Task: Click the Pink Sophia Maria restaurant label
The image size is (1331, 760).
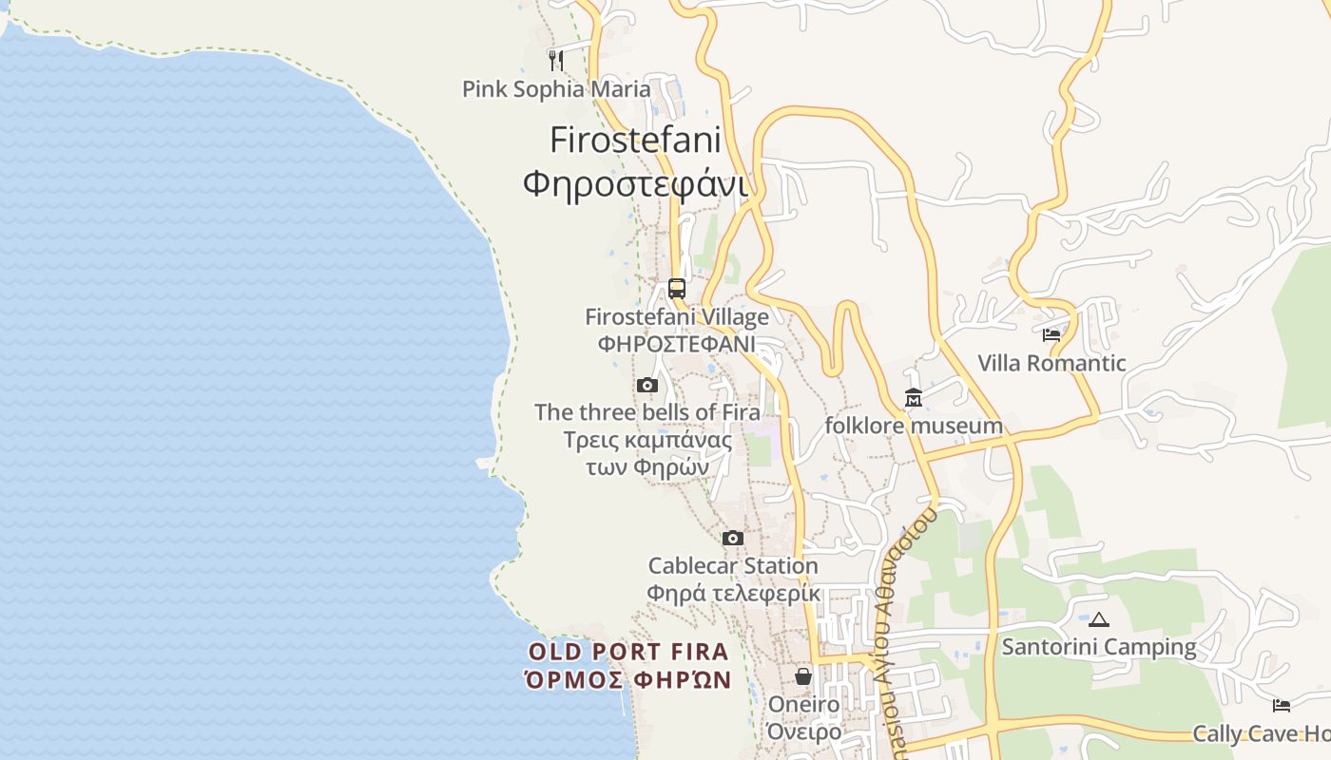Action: coord(556,89)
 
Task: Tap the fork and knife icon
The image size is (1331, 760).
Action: coord(556,61)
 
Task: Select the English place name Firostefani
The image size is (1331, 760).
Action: coord(635,141)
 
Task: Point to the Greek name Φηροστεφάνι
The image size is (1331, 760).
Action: coord(635,182)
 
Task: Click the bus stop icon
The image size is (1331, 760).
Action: coord(677,288)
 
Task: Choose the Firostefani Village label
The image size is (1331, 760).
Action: coord(677,316)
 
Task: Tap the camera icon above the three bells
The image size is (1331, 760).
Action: coord(647,385)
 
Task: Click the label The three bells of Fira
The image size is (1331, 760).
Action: coord(647,412)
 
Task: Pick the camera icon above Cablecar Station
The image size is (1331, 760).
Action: coord(732,538)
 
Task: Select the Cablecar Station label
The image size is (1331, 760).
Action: coord(733,566)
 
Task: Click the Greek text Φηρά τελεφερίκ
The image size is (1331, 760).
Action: coord(733,594)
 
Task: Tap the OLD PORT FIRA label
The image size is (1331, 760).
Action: coord(628,652)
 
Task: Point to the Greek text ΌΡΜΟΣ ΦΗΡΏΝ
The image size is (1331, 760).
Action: coord(628,680)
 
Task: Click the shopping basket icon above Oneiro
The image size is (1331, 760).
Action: coord(803,676)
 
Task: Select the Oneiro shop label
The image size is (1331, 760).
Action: coord(803,705)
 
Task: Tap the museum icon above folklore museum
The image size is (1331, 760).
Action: coord(914,397)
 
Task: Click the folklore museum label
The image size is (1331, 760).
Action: coord(914,426)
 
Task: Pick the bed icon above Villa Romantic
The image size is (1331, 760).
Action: coord(1051,334)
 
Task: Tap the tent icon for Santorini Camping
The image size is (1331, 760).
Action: coord(1099,619)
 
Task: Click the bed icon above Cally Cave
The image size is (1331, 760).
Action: coord(1282,705)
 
